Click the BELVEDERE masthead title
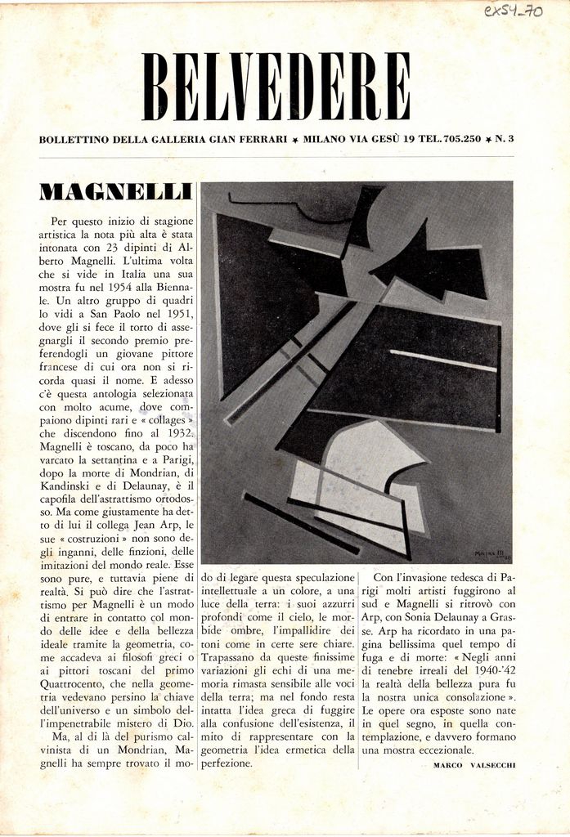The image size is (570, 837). click(276, 87)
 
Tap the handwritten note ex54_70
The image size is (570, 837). click(513, 12)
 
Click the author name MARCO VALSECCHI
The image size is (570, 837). click(474, 764)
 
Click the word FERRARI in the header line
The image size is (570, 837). click(263, 140)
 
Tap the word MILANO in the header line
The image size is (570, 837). click(325, 140)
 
